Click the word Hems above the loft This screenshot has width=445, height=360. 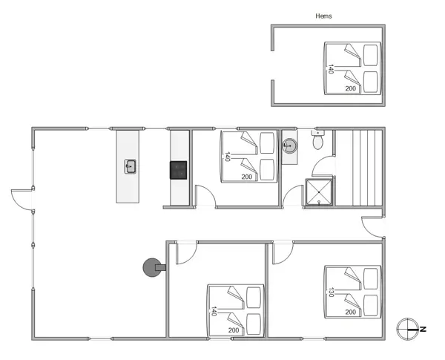(x=323, y=16)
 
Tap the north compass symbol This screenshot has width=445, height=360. (x=409, y=327)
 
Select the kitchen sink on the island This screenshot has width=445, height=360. (x=131, y=166)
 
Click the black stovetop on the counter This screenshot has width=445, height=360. (x=179, y=171)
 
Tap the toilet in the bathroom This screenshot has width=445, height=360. (x=318, y=140)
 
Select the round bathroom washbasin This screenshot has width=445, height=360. (x=290, y=145)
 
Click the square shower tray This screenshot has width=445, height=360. (x=320, y=192)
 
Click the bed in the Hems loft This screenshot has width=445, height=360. (x=352, y=68)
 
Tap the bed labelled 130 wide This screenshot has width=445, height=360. (x=352, y=292)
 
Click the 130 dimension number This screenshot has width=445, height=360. (x=332, y=292)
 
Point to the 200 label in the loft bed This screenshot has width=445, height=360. (x=351, y=88)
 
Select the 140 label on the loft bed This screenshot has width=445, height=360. (x=331, y=69)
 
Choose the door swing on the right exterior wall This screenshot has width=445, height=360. (x=372, y=226)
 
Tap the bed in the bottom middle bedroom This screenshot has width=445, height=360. (x=235, y=310)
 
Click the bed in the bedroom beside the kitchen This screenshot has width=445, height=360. (x=249, y=157)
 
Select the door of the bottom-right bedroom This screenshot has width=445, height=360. (x=283, y=252)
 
